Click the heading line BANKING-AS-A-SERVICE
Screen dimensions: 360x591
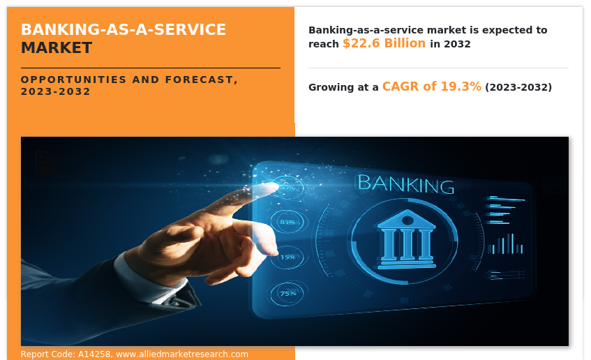(x=123, y=30)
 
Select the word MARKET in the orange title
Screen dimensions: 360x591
(x=56, y=48)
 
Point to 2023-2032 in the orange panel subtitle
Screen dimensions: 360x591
(x=56, y=92)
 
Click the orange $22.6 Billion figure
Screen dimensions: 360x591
(x=384, y=43)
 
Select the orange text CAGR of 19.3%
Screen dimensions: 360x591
(x=431, y=87)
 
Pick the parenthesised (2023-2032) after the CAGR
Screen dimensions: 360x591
(x=518, y=87)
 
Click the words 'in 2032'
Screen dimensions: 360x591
(x=450, y=44)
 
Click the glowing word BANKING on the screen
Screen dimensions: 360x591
(x=405, y=184)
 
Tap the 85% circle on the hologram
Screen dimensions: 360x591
(x=287, y=221)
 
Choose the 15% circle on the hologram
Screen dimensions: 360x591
(x=287, y=257)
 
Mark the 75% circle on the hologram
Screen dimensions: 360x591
(x=287, y=293)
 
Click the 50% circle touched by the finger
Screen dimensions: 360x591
(x=287, y=187)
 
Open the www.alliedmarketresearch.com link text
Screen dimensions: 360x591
(x=182, y=354)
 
